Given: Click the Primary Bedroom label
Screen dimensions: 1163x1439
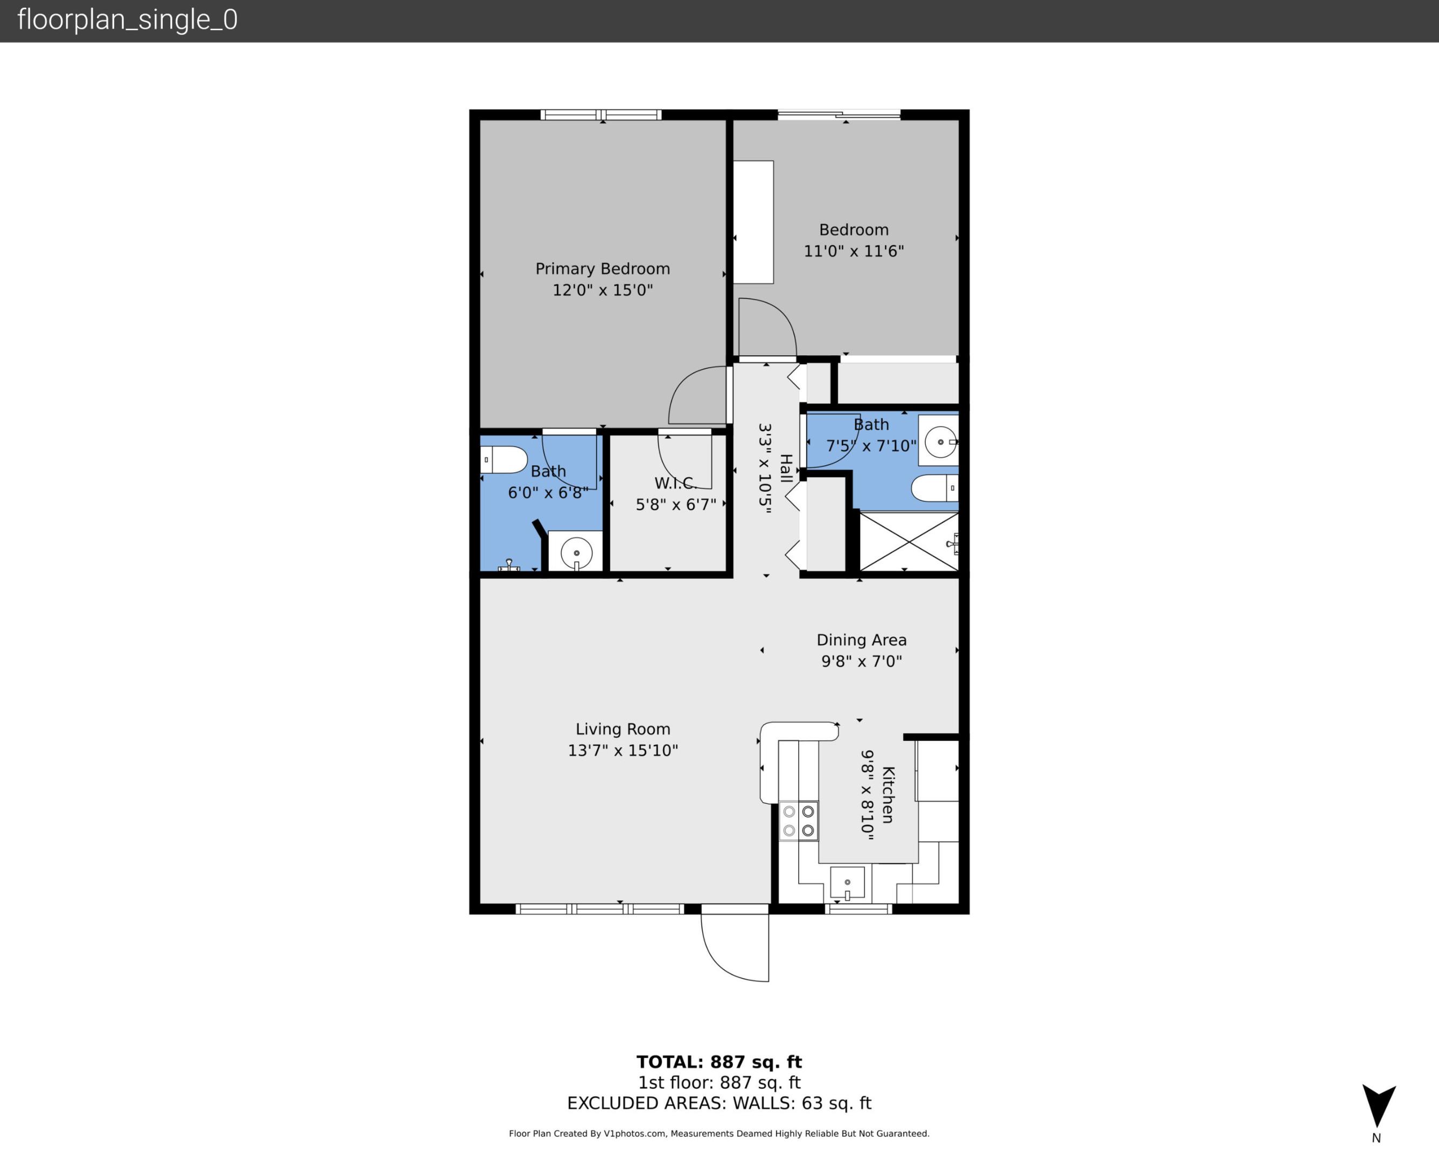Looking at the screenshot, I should click(x=602, y=269).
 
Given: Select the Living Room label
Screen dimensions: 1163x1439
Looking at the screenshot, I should click(x=623, y=729).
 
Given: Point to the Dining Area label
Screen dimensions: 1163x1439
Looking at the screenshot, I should click(x=861, y=640).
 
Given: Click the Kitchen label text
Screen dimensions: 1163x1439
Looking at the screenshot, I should click(x=888, y=795).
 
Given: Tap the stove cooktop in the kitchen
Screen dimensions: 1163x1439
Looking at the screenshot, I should click(x=799, y=821).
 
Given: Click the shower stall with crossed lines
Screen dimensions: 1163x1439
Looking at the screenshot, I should click(x=908, y=542).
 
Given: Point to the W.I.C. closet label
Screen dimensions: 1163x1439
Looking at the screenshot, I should click(x=675, y=483).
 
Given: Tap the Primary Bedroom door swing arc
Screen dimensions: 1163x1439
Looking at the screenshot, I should click(x=697, y=395).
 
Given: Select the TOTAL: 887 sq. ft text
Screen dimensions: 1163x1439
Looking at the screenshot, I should click(x=719, y=1062).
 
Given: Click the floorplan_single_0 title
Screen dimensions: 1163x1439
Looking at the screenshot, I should click(x=127, y=20).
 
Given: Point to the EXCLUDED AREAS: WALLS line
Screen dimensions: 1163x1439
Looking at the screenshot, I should click(x=719, y=1103).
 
